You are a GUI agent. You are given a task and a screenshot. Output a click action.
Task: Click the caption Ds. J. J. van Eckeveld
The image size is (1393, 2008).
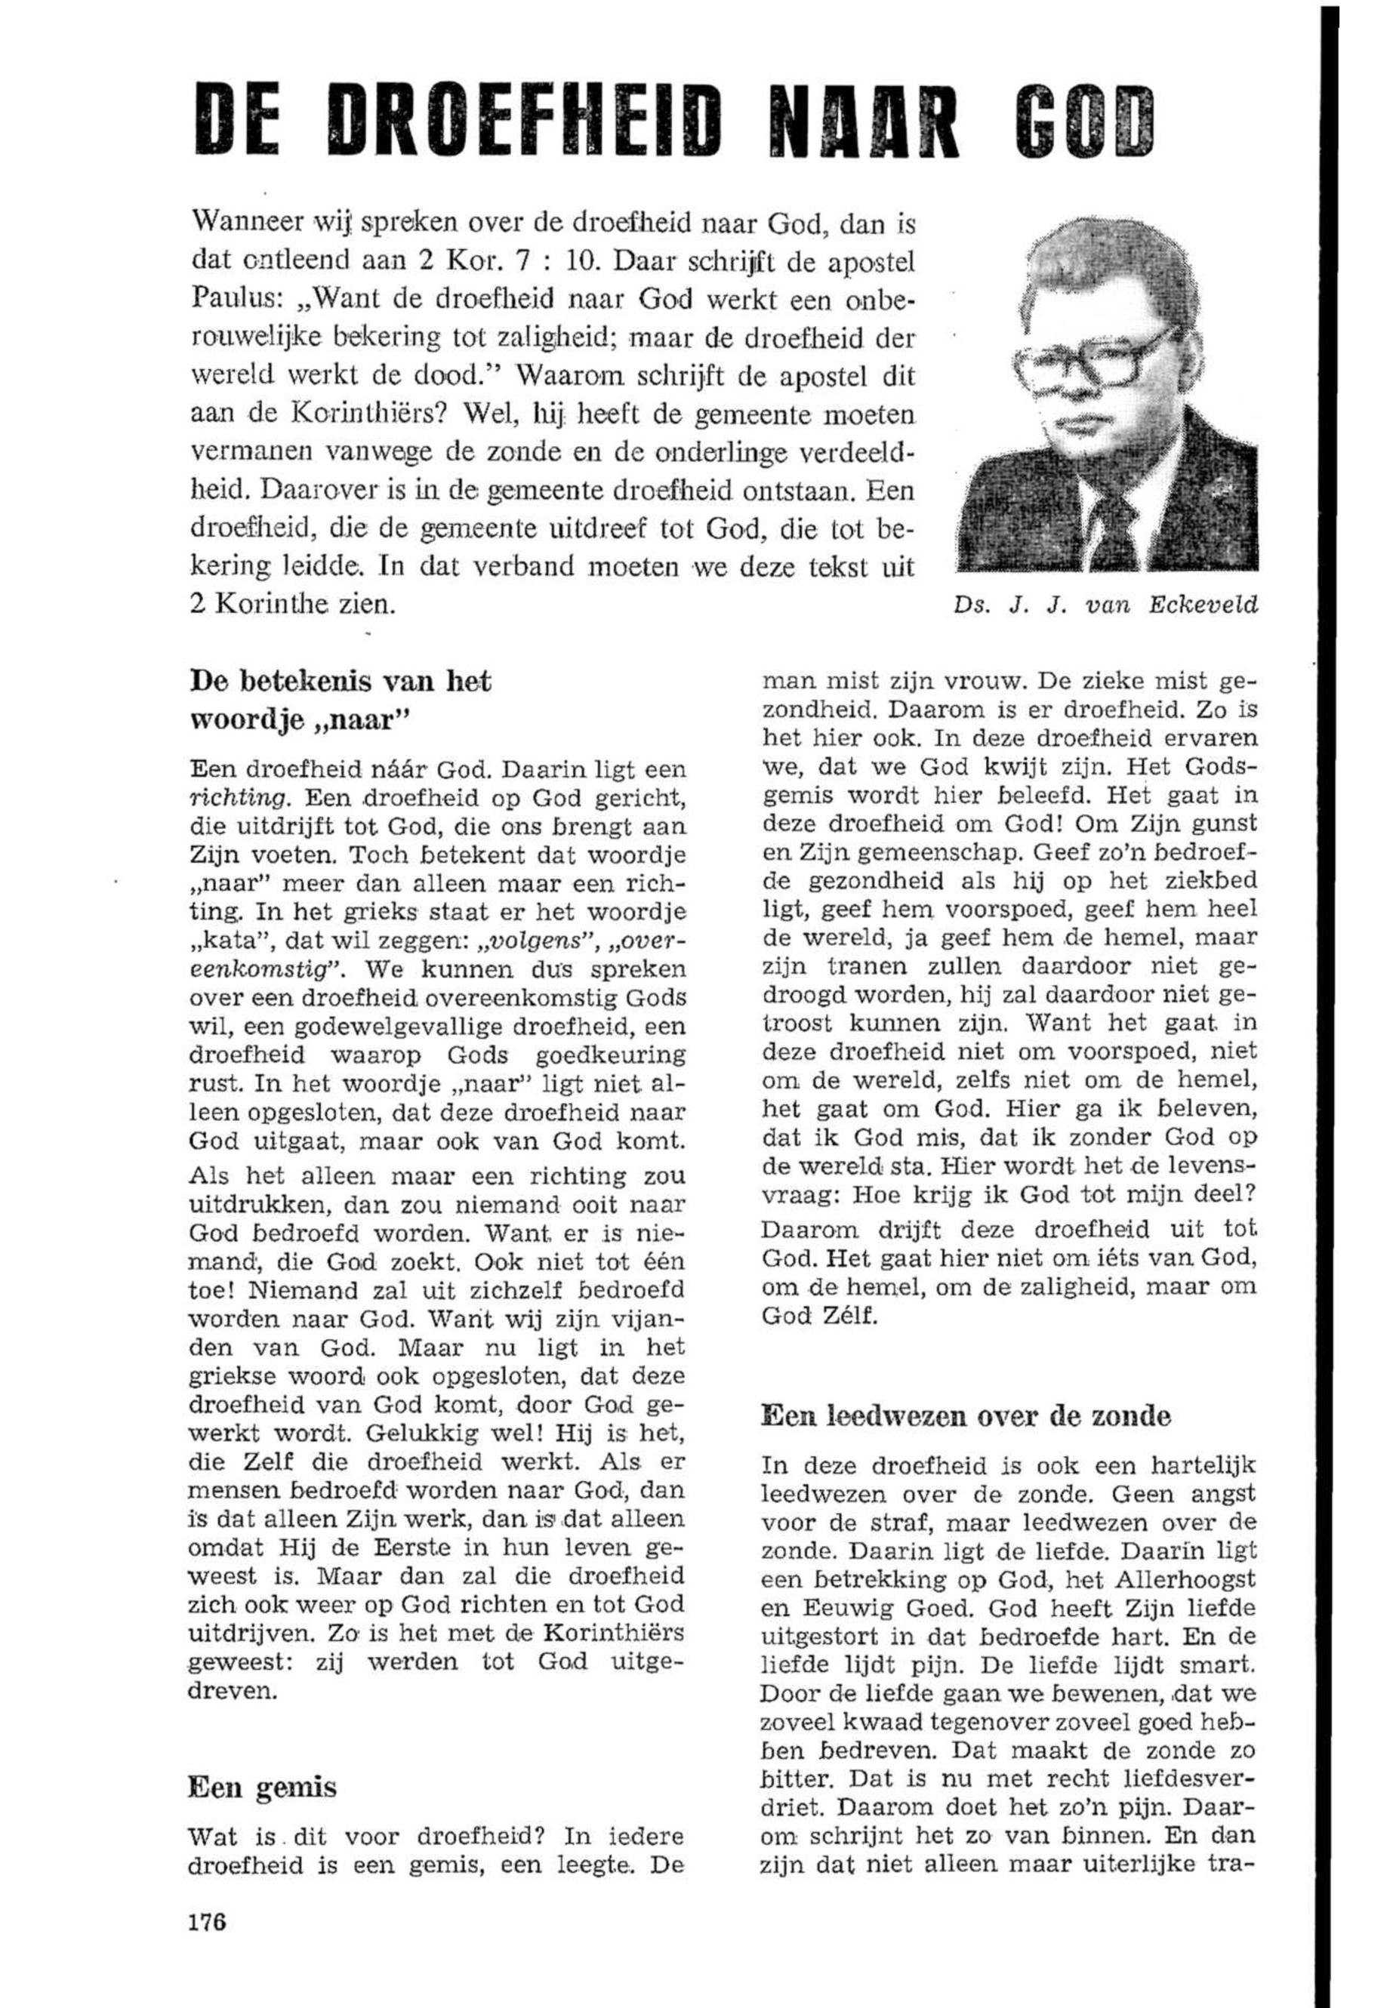tap(1107, 605)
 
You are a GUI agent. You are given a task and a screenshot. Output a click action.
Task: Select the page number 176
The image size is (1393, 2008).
tap(207, 1919)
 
